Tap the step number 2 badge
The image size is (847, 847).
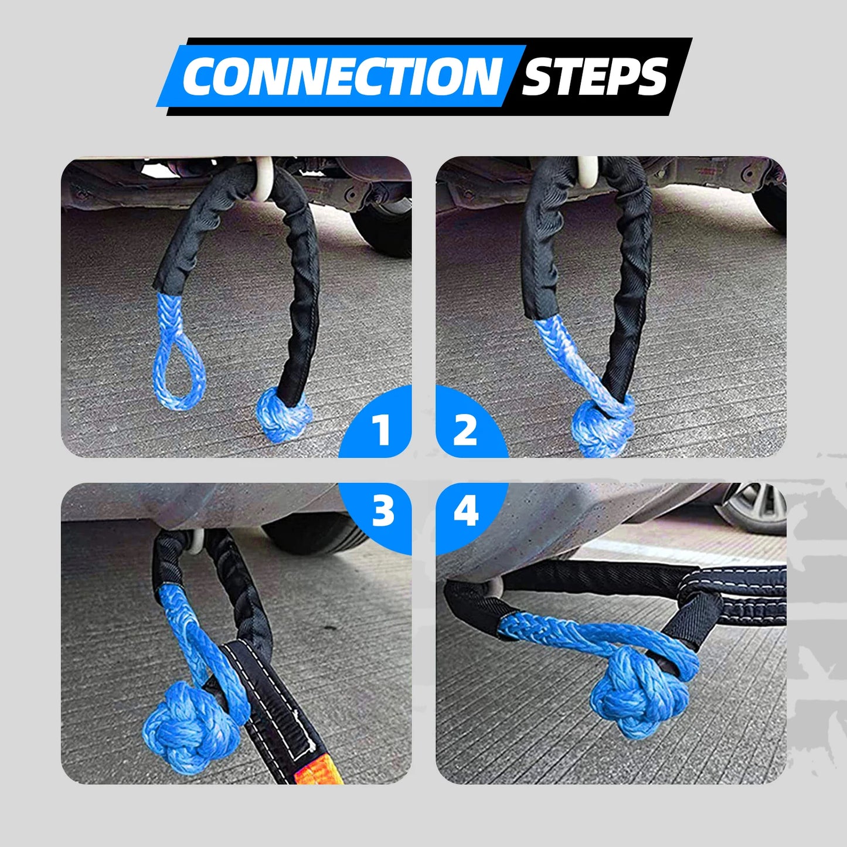click(465, 429)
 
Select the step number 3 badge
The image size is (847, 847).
click(383, 511)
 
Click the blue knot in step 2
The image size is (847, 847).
click(602, 427)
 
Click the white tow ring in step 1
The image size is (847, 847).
click(263, 176)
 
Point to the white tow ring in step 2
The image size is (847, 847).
click(587, 172)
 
